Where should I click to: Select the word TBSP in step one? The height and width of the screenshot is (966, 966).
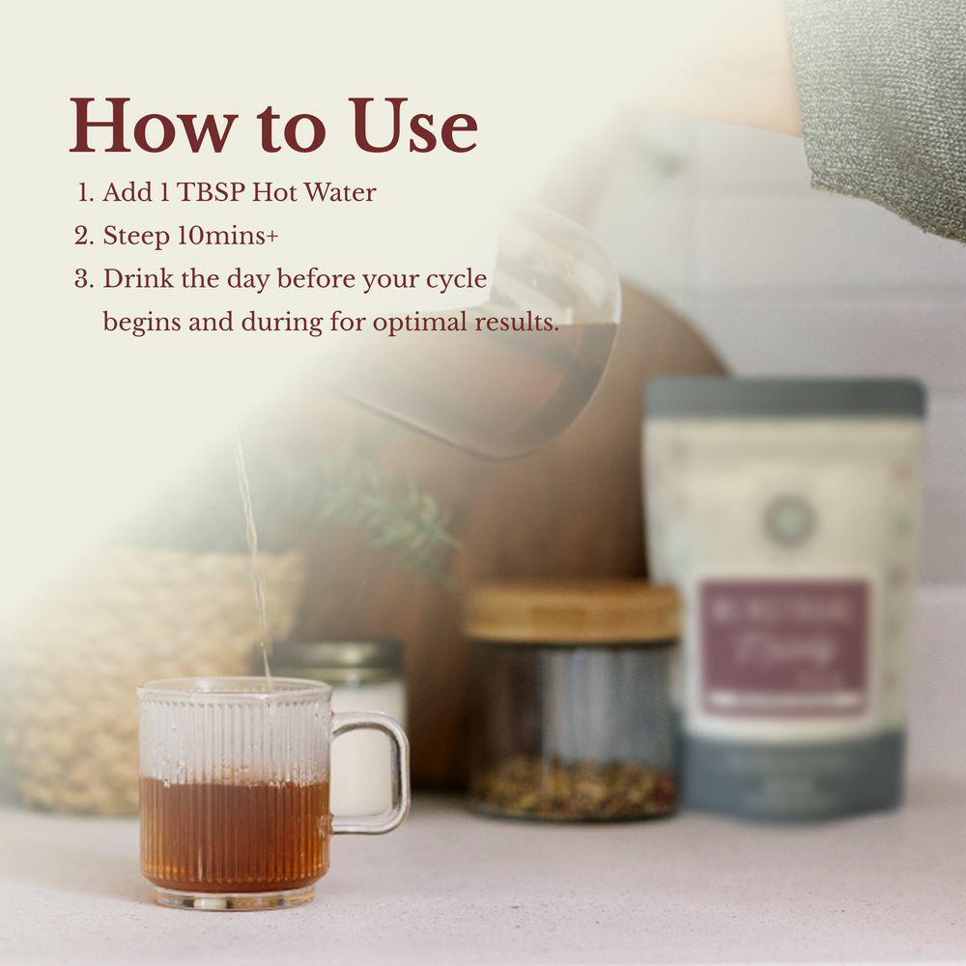click(209, 192)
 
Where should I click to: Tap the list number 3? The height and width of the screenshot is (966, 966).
click(84, 279)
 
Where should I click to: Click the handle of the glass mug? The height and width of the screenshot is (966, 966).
click(383, 773)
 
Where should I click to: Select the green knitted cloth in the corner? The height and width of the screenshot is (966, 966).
click(884, 97)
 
